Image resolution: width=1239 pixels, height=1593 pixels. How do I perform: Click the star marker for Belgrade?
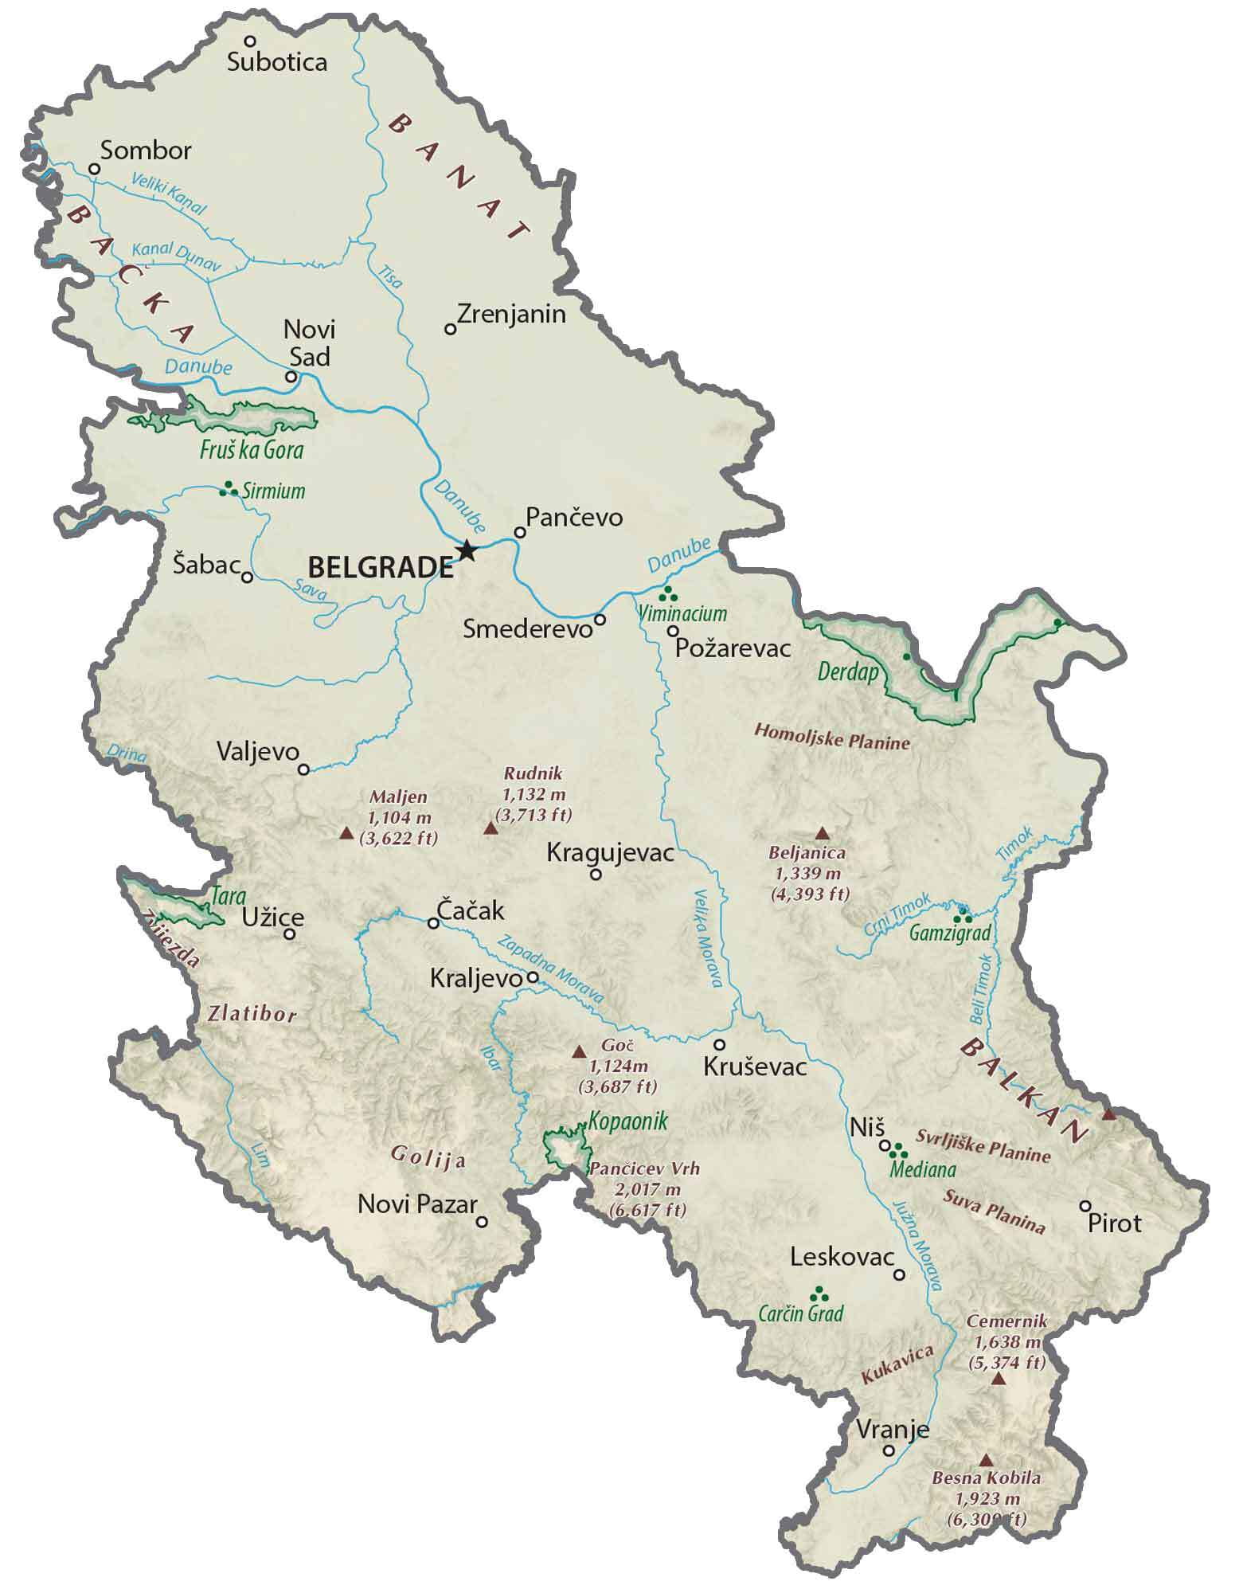[x=467, y=550]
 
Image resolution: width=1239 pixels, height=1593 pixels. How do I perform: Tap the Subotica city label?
[x=276, y=62]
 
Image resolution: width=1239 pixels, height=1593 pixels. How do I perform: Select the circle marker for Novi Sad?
[x=291, y=377]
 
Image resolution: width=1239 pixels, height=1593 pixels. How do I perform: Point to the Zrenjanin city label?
[x=511, y=314]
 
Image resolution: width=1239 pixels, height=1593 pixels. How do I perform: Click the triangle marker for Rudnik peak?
[x=491, y=829]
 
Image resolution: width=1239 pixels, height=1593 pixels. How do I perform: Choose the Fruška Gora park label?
[x=252, y=450]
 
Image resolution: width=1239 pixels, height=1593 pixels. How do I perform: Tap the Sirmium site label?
[x=274, y=491]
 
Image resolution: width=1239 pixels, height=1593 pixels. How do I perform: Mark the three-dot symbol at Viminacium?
[x=669, y=593]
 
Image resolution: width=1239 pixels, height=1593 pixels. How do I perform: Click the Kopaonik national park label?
[x=627, y=1121]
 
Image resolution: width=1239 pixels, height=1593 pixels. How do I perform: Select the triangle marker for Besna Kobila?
[x=986, y=1460]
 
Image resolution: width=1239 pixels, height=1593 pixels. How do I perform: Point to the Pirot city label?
[x=1115, y=1223]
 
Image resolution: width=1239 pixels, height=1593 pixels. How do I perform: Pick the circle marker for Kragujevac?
[x=596, y=875]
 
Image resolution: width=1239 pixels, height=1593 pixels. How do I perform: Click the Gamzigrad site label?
[x=950, y=933]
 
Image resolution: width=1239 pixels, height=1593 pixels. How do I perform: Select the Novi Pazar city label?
[x=416, y=1204]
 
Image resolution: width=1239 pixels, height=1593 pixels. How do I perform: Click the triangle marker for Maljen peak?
[x=346, y=833]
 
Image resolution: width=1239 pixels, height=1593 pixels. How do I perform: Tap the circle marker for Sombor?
[x=94, y=169]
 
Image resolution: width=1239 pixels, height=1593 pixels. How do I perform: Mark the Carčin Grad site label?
[x=801, y=1313]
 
